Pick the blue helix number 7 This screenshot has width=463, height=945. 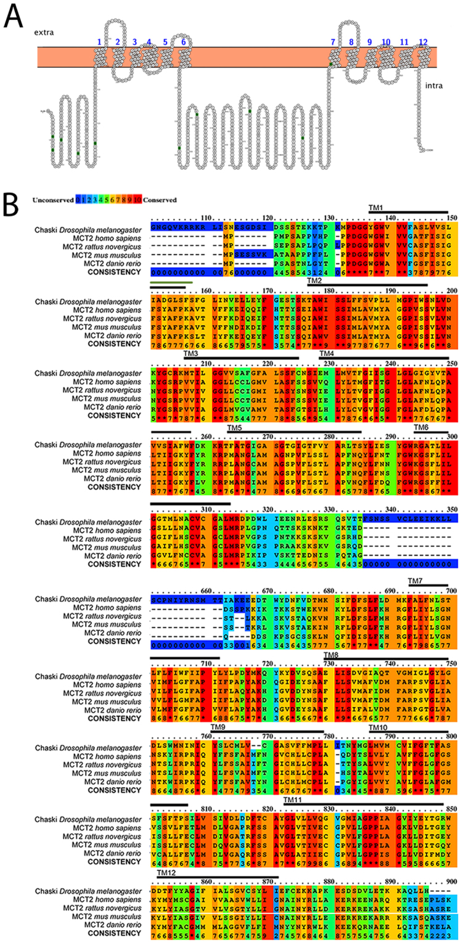click(x=333, y=41)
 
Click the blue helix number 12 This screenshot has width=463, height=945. click(x=423, y=41)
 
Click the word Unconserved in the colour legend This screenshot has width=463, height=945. click(x=54, y=200)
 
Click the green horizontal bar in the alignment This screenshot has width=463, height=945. click(x=171, y=283)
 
